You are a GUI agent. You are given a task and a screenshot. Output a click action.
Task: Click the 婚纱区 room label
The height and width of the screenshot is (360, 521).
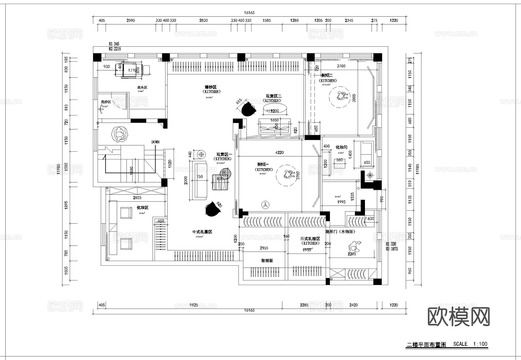210,87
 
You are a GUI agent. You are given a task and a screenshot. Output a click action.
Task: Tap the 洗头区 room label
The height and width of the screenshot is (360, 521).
142,87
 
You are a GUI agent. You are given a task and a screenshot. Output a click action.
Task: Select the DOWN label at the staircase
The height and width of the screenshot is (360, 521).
155,142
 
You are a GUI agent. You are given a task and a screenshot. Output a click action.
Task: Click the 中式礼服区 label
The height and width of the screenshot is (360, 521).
202,232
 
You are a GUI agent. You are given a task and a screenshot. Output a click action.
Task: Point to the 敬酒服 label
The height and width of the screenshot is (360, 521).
267,260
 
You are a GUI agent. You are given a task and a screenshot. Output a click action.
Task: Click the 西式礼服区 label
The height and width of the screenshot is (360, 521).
310,239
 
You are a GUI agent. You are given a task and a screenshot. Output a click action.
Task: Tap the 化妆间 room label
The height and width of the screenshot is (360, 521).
341,147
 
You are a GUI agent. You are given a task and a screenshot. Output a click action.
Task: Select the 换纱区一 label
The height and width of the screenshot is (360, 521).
263,164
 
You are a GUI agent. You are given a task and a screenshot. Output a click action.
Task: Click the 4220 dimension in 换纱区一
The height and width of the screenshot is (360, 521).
279,153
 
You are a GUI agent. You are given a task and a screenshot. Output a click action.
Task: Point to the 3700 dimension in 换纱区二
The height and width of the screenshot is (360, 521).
341,66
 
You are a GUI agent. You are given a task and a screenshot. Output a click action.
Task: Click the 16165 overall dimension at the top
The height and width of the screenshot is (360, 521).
249,13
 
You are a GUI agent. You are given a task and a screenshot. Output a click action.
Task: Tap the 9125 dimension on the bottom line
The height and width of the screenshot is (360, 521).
194,305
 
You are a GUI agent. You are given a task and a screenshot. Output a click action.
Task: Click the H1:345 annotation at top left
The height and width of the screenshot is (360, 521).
114,44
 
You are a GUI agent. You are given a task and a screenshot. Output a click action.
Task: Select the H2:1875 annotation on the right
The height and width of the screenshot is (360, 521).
392,249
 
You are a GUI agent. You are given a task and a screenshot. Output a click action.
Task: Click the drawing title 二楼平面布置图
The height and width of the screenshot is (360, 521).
426,345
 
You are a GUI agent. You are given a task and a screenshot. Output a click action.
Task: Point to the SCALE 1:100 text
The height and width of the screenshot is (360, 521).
470,344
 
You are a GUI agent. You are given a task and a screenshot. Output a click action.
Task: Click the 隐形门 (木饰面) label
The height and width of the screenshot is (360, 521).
340,232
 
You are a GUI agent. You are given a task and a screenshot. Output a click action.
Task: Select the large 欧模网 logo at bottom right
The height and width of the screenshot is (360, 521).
458,317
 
